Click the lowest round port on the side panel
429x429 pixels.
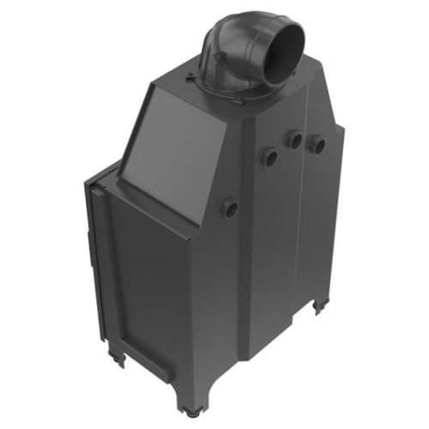coord(230,207)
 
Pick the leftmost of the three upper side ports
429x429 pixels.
coord(269,156)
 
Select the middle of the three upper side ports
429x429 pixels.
coord(295,139)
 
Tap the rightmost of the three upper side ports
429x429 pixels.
coord(317,144)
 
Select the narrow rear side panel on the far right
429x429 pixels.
coord(326,223)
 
